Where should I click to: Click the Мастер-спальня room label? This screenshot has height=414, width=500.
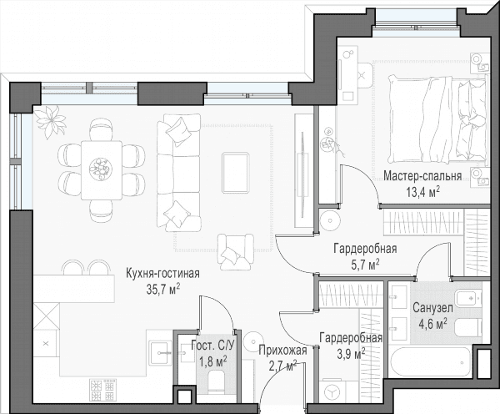pos(422,176)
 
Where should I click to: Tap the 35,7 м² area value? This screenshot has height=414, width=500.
pos(163,289)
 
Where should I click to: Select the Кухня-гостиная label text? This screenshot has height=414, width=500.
pos(163,274)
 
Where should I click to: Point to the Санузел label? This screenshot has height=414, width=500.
pos(432,308)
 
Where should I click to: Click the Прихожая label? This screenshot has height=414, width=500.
pos(282,351)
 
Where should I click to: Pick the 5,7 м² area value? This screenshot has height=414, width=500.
pos(365,265)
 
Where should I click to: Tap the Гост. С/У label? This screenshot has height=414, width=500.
pos(212,345)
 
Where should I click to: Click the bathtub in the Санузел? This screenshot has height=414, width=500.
pos(430,362)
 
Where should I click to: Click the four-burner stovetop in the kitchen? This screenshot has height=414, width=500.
pos(102,391)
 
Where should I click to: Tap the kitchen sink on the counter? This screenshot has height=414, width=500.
pos(161,353)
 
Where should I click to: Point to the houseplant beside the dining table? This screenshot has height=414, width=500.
pos(50,122)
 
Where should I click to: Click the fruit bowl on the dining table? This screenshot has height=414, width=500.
pos(101,169)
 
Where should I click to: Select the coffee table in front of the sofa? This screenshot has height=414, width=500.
pos(236,173)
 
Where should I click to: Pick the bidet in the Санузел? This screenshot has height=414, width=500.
pos(468,299)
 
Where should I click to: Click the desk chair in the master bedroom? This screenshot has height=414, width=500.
pos(364,75)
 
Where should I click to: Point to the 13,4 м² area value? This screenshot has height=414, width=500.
pos(422,192)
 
